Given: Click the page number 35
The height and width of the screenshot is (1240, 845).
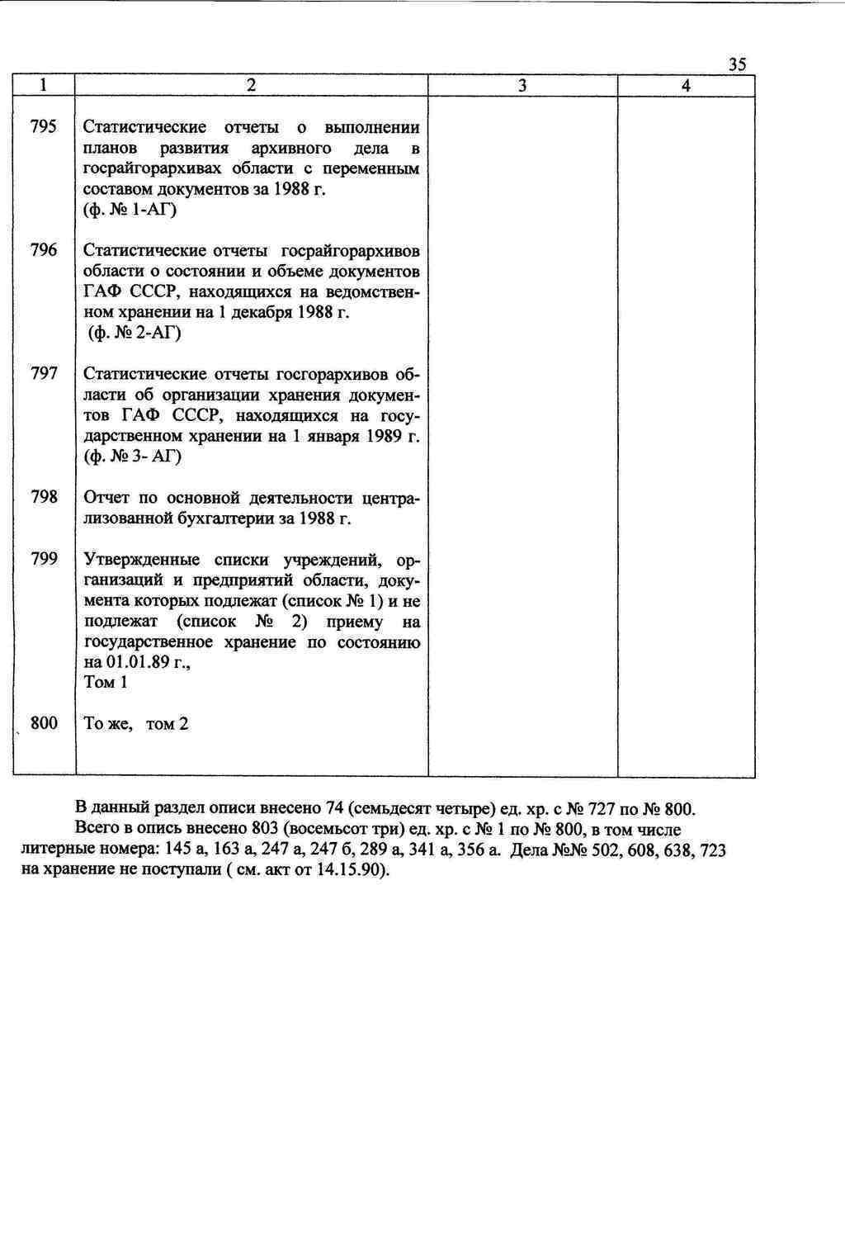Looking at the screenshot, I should [738, 64].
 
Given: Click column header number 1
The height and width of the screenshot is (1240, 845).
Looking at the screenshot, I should [44, 85].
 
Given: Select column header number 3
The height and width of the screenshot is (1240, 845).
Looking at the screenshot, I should [522, 86].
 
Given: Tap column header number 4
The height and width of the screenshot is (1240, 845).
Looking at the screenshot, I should [686, 86].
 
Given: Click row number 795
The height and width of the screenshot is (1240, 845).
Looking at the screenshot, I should [44, 126].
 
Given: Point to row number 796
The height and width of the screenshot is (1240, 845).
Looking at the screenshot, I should [44, 250].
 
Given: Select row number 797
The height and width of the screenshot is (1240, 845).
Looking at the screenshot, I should [44, 373].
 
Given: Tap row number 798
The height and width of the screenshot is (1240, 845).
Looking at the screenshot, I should [44, 497].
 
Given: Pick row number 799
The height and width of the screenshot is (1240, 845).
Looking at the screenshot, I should [44, 559].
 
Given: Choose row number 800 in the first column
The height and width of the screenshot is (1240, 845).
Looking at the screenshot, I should [44, 723].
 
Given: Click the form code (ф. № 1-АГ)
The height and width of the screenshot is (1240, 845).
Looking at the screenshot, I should [130, 210].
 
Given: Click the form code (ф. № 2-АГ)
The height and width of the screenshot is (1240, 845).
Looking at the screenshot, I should [134, 333].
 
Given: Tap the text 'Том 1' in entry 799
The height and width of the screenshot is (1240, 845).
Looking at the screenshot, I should [106, 682].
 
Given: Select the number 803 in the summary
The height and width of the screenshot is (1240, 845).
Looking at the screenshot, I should [263, 829].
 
